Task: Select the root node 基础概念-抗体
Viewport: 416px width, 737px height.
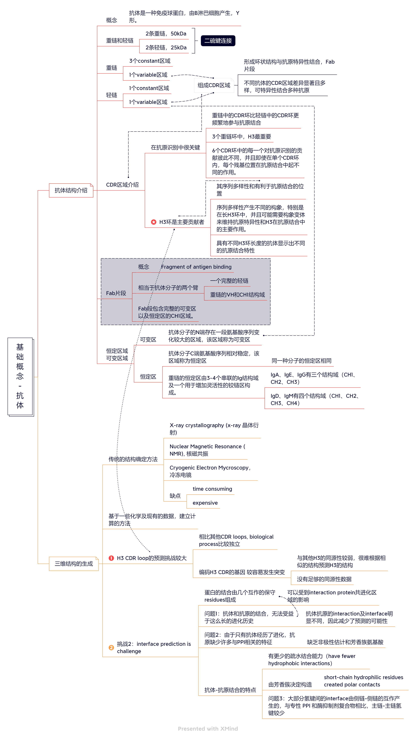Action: pyautogui.click(x=20, y=376)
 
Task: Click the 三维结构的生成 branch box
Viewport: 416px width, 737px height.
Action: pyautogui.click(x=74, y=564)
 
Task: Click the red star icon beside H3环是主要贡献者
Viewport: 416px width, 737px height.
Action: pyautogui.click(x=154, y=222)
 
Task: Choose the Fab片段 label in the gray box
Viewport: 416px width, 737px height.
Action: pyautogui.click(x=116, y=293)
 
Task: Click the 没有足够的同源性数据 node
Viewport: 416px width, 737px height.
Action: pyautogui.click(x=324, y=579)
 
